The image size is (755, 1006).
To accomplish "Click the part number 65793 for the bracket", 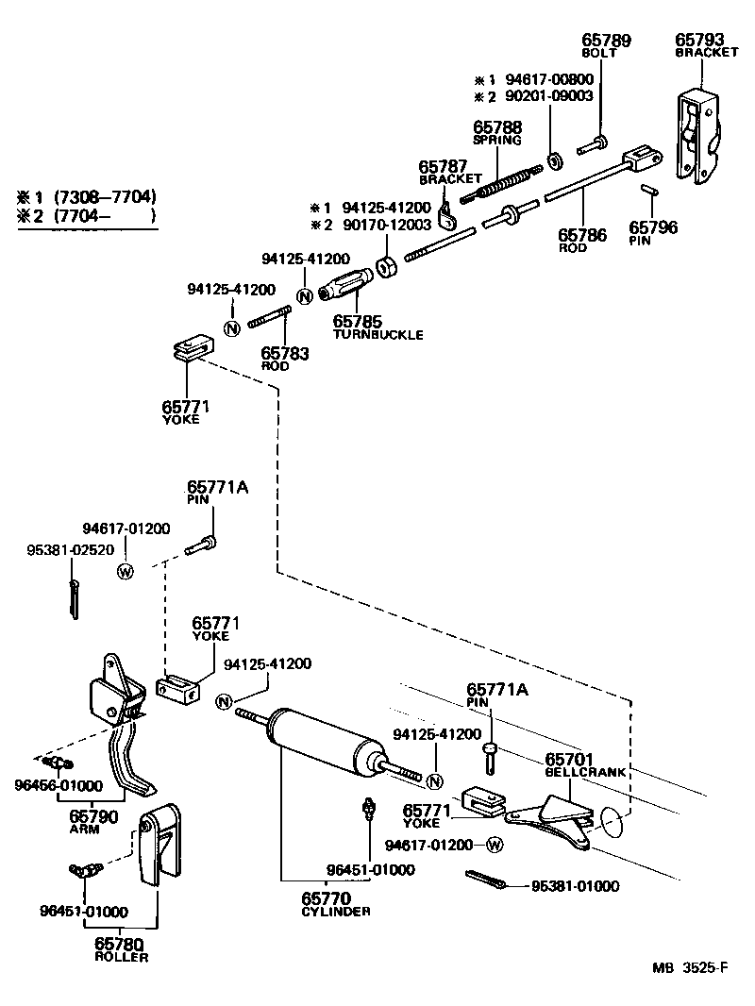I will [698, 40].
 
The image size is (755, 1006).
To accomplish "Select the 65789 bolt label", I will [605, 40].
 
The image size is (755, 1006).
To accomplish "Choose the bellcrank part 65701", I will [552, 817].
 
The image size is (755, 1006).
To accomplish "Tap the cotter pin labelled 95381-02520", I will [74, 598].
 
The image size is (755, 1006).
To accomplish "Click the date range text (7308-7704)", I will [104, 197].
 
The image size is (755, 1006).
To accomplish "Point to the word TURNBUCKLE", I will [377, 334].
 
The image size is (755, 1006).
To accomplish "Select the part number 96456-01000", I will [59, 785].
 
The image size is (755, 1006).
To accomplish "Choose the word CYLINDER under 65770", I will [335, 911].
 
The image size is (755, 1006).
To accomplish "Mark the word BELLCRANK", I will [585, 771].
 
